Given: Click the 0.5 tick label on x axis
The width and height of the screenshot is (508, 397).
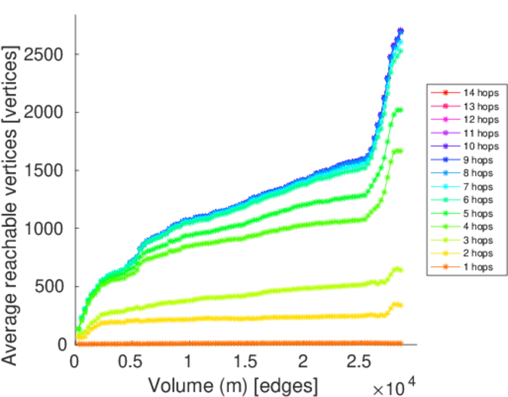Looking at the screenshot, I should [131, 362].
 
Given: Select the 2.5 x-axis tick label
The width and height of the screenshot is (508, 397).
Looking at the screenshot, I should [360, 362].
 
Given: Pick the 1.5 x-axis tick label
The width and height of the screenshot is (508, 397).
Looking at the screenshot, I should [245, 362].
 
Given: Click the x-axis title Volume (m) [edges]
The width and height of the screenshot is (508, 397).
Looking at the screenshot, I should [233, 384].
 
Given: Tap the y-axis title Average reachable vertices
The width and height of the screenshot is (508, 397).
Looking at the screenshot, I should [11, 204].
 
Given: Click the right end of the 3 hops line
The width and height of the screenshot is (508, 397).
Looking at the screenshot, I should [400, 269].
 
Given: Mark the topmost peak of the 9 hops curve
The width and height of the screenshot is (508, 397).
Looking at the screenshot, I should [400, 30].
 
